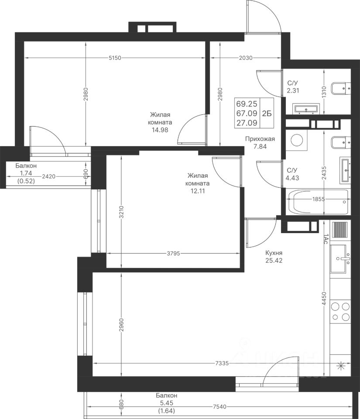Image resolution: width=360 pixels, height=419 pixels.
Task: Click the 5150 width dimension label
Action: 115,58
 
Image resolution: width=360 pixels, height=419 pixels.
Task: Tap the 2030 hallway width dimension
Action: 245,58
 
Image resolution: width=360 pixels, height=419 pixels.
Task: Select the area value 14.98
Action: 160,130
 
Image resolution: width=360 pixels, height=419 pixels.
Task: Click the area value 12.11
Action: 198,191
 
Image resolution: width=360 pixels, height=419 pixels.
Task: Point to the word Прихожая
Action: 260,139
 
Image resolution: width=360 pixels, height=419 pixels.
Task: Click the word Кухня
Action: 274,253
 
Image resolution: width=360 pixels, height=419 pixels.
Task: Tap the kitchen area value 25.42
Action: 274,261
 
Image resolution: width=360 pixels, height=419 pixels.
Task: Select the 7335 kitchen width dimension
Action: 222,364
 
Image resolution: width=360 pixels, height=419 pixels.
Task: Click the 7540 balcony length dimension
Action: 219,407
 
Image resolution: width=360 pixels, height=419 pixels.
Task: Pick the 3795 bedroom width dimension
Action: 173,253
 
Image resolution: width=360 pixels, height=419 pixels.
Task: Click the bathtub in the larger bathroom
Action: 318,202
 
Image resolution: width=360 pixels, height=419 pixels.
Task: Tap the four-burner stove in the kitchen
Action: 340,312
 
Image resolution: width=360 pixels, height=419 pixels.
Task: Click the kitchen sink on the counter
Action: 340,259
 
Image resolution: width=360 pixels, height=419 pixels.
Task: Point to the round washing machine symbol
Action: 296,140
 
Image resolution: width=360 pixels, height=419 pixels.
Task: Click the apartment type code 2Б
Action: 267,113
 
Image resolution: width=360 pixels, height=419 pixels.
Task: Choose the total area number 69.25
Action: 247,104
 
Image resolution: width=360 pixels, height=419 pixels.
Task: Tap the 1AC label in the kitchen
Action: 325,239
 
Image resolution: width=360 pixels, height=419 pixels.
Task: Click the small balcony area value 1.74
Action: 26,173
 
